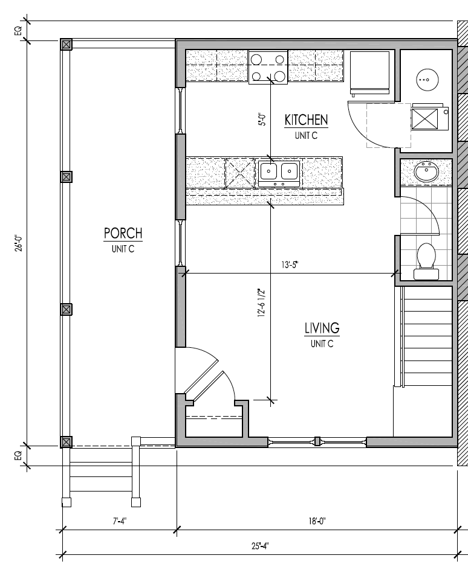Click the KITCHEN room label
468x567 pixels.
[306, 120]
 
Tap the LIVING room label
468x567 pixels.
[322, 328]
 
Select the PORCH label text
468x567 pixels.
[123, 233]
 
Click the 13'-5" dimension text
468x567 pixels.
[290, 265]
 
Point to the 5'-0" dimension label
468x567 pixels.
[262, 120]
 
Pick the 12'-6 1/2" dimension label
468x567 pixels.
[262, 303]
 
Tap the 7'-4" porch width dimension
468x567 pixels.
[120, 521]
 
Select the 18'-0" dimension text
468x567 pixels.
[317, 521]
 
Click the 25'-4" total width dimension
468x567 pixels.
[261, 546]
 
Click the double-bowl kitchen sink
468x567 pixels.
[279, 173]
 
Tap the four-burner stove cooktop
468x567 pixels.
[268, 68]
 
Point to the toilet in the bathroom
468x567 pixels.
[426, 261]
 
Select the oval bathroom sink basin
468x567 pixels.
[426, 171]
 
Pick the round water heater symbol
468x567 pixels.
[428, 80]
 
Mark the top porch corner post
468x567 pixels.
[66, 45]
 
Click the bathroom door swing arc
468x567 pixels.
[426, 213]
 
